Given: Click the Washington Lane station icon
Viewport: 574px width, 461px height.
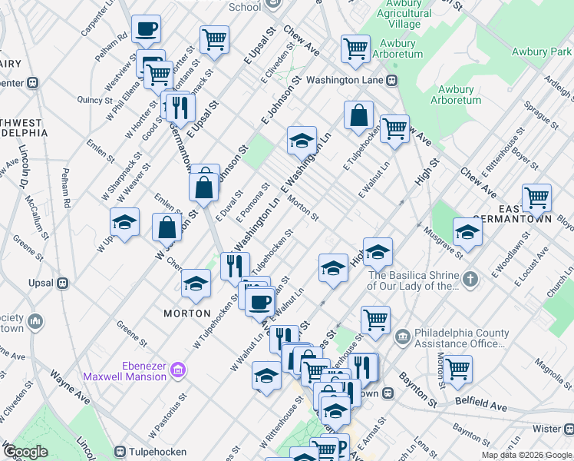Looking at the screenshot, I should click(391, 80).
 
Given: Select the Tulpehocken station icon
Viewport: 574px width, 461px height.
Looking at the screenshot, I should click(120, 451).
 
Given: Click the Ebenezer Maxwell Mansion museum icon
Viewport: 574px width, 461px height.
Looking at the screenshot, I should click(177, 370).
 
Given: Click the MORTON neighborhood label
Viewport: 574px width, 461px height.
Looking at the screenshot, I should click(187, 313).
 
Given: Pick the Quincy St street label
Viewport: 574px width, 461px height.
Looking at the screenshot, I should click(95, 100).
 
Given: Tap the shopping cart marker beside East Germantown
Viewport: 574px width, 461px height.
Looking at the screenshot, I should click(536, 197).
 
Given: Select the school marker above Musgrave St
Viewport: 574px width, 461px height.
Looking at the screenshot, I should click(467, 230).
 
